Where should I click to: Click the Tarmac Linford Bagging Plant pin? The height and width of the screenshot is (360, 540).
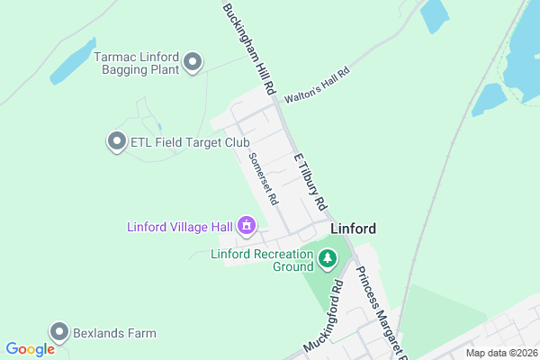193,62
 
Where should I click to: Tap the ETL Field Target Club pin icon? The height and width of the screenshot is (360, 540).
116,141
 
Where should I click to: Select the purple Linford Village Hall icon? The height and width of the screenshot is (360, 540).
247,226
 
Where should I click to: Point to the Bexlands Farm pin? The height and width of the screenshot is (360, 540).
59,332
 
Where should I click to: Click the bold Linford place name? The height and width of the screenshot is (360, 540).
353,229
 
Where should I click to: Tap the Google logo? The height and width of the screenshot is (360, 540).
30,349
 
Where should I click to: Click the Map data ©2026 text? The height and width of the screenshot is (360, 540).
500,353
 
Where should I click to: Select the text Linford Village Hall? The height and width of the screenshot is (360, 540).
178,226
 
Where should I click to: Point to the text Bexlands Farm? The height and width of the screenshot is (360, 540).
114,333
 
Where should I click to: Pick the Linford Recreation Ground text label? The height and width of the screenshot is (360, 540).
261,260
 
